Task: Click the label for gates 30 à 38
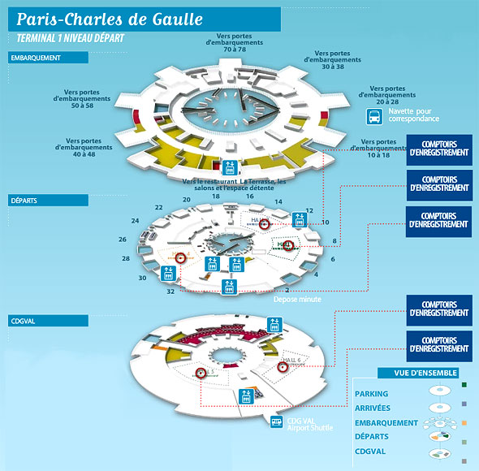tap(332, 63)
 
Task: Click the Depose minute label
tap(297, 300)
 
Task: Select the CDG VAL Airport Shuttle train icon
tap(278, 422)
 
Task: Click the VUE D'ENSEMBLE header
tap(411, 374)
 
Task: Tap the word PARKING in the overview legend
tap(372, 394)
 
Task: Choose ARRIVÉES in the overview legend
tap(373, 408)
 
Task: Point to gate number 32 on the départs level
tap(170, 291)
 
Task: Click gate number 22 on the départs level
tap(158, 208)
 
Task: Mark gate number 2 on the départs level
tap(287, 288)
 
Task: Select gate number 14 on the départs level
tap(278, 201)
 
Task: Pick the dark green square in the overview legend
tap(464, 384)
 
